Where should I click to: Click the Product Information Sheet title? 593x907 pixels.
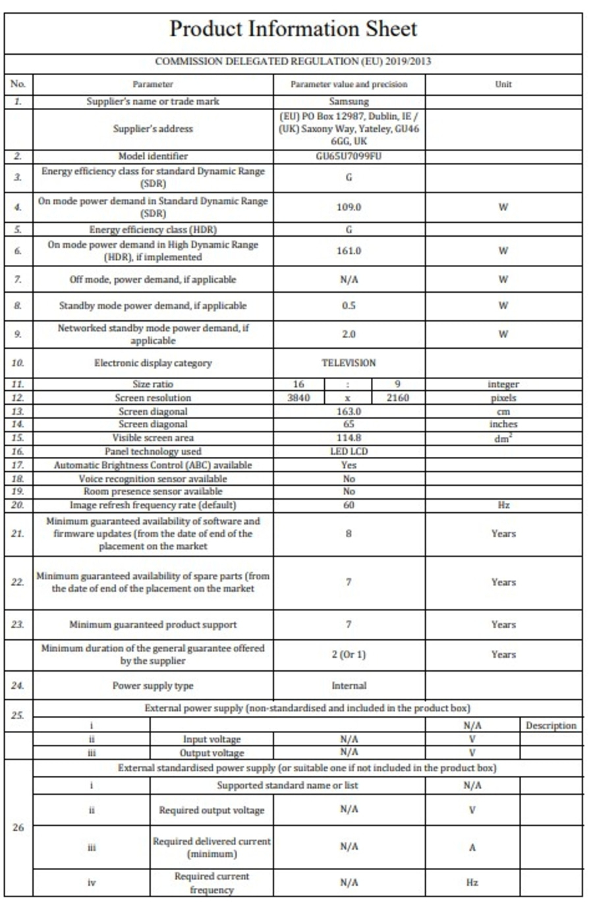(293, 29)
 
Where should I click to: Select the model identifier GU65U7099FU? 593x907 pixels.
(349, 156)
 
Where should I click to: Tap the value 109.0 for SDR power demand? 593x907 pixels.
(349, 207)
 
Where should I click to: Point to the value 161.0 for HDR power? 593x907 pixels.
(349, 251)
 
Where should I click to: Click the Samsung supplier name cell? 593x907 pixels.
(349, 102)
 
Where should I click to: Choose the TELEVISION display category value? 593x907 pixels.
(349, 363)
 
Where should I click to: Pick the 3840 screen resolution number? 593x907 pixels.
(299, 397)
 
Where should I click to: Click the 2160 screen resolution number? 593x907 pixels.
(398, 397)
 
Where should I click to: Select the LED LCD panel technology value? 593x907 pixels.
(349, 452)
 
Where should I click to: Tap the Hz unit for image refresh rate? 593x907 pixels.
(503, 505)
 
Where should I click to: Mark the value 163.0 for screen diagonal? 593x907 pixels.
(349, 411)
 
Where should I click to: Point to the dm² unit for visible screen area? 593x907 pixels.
(503, 438)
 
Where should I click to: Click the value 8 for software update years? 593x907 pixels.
(349, 533)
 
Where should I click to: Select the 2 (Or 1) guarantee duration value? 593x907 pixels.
(349, 655)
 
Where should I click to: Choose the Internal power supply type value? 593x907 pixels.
(349, 686)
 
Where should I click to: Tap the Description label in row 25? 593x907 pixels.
(551, 726)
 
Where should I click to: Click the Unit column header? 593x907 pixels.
(503, 84)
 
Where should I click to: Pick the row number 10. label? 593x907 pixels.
(18, 363)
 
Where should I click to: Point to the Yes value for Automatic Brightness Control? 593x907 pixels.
(349, 465)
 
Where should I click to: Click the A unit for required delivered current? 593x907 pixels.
(472, 848)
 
